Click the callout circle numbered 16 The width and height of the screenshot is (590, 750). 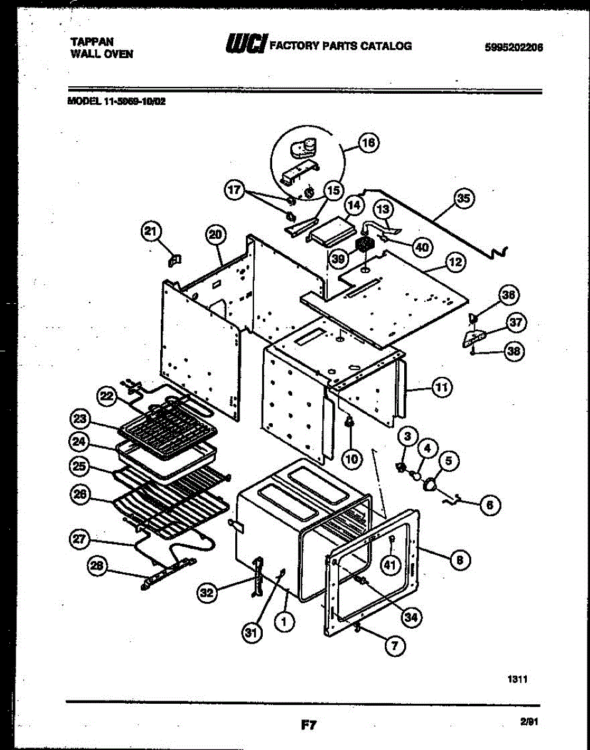(x=368, y=143)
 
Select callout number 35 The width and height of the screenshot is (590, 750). (x=463, y=199)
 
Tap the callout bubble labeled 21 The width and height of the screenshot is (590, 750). (x=150, y=232)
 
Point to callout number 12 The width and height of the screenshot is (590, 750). (x=456, y=263)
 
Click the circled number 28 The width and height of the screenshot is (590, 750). (x=96, y=566)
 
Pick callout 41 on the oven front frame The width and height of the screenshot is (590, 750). (x=390, y=564)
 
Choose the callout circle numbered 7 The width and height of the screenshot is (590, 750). (x=394, y=646)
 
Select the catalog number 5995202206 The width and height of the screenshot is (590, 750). (x=513, y=46)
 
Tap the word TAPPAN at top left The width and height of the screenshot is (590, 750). (x=92, y=41)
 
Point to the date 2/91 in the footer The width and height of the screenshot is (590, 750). (x=529, y=722)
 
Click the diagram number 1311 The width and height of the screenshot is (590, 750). (x=517, y=680)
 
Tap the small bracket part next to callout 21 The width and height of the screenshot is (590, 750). (x=176, y=257)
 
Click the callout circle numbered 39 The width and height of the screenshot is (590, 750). (x=339, y=257)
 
